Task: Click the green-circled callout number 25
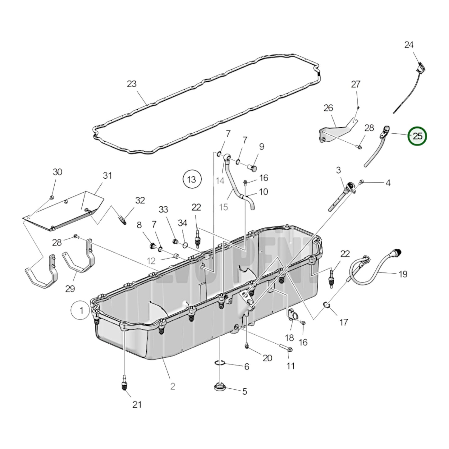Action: (x=418, y=136)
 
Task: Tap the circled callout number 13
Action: (x=192, y=179)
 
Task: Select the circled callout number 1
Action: (x=81, y=310)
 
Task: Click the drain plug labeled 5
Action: (x=219, y=387)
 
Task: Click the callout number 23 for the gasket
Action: (x=131, y=84)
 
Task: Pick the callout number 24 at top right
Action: (x=409, y=45)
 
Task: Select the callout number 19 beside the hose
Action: (x=403, y=274)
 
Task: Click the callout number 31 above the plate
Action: (x=107, y=176)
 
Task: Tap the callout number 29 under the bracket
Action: (x=70, y=289)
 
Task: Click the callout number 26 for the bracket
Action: (x=328, y=108)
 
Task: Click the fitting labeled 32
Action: (x=123, y=221)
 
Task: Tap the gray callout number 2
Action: (x=172, y=386)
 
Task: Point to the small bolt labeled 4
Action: (x=361, y=181)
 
